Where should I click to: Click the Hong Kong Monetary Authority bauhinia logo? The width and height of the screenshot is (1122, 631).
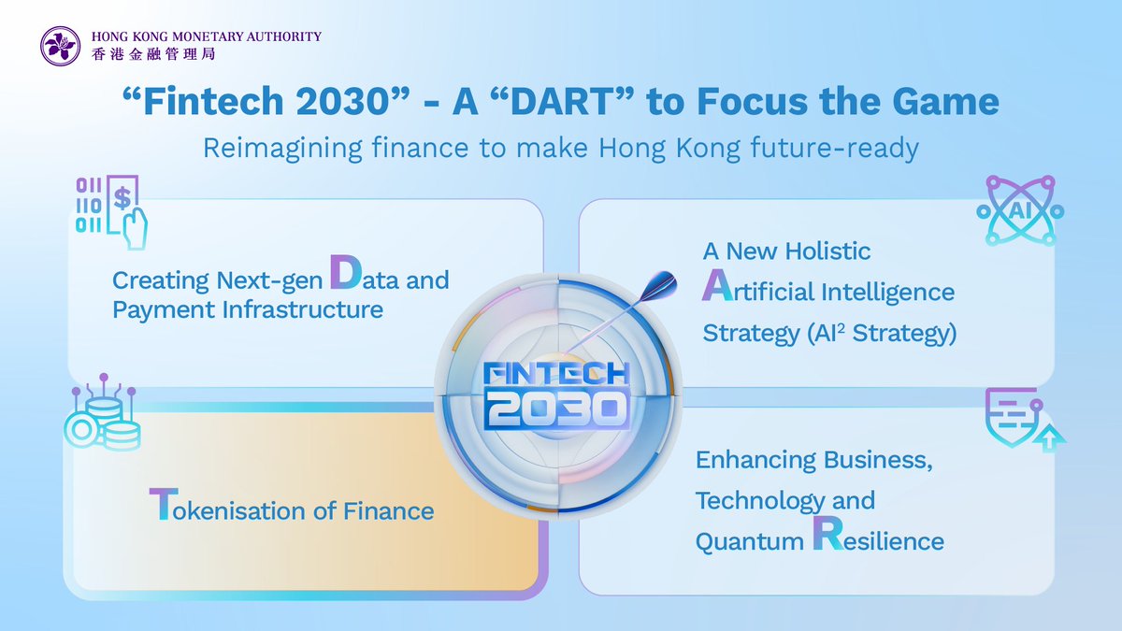coord(60,46)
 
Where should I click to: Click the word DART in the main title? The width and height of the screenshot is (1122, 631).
coord(563,101)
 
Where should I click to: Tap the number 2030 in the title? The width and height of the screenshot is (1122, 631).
coord(342,101)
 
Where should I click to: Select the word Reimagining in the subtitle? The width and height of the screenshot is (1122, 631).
coord(282,149)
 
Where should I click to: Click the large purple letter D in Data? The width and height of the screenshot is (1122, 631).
coord(346,272)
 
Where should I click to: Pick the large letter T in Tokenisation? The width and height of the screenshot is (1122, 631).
coord(164,504)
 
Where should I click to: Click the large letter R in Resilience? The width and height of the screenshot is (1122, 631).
coord(828,534)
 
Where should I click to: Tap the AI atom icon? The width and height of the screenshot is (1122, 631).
coord(1020,210)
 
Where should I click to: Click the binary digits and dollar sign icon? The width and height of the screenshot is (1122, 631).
coord(111,212)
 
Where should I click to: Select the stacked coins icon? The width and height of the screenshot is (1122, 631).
coord(102,412)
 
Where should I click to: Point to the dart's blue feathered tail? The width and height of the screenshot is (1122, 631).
coord(658,286)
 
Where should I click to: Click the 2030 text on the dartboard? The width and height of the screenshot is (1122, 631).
coord(556,410)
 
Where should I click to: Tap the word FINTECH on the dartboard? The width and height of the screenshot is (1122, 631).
coord(556,373)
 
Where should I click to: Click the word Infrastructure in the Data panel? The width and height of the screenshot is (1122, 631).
coord(303,309)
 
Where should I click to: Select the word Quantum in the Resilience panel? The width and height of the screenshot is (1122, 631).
coord(749,542)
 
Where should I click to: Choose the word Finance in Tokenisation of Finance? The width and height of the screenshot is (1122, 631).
coord(388,511)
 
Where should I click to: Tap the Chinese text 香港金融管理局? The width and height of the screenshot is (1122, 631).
coord(153,54)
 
